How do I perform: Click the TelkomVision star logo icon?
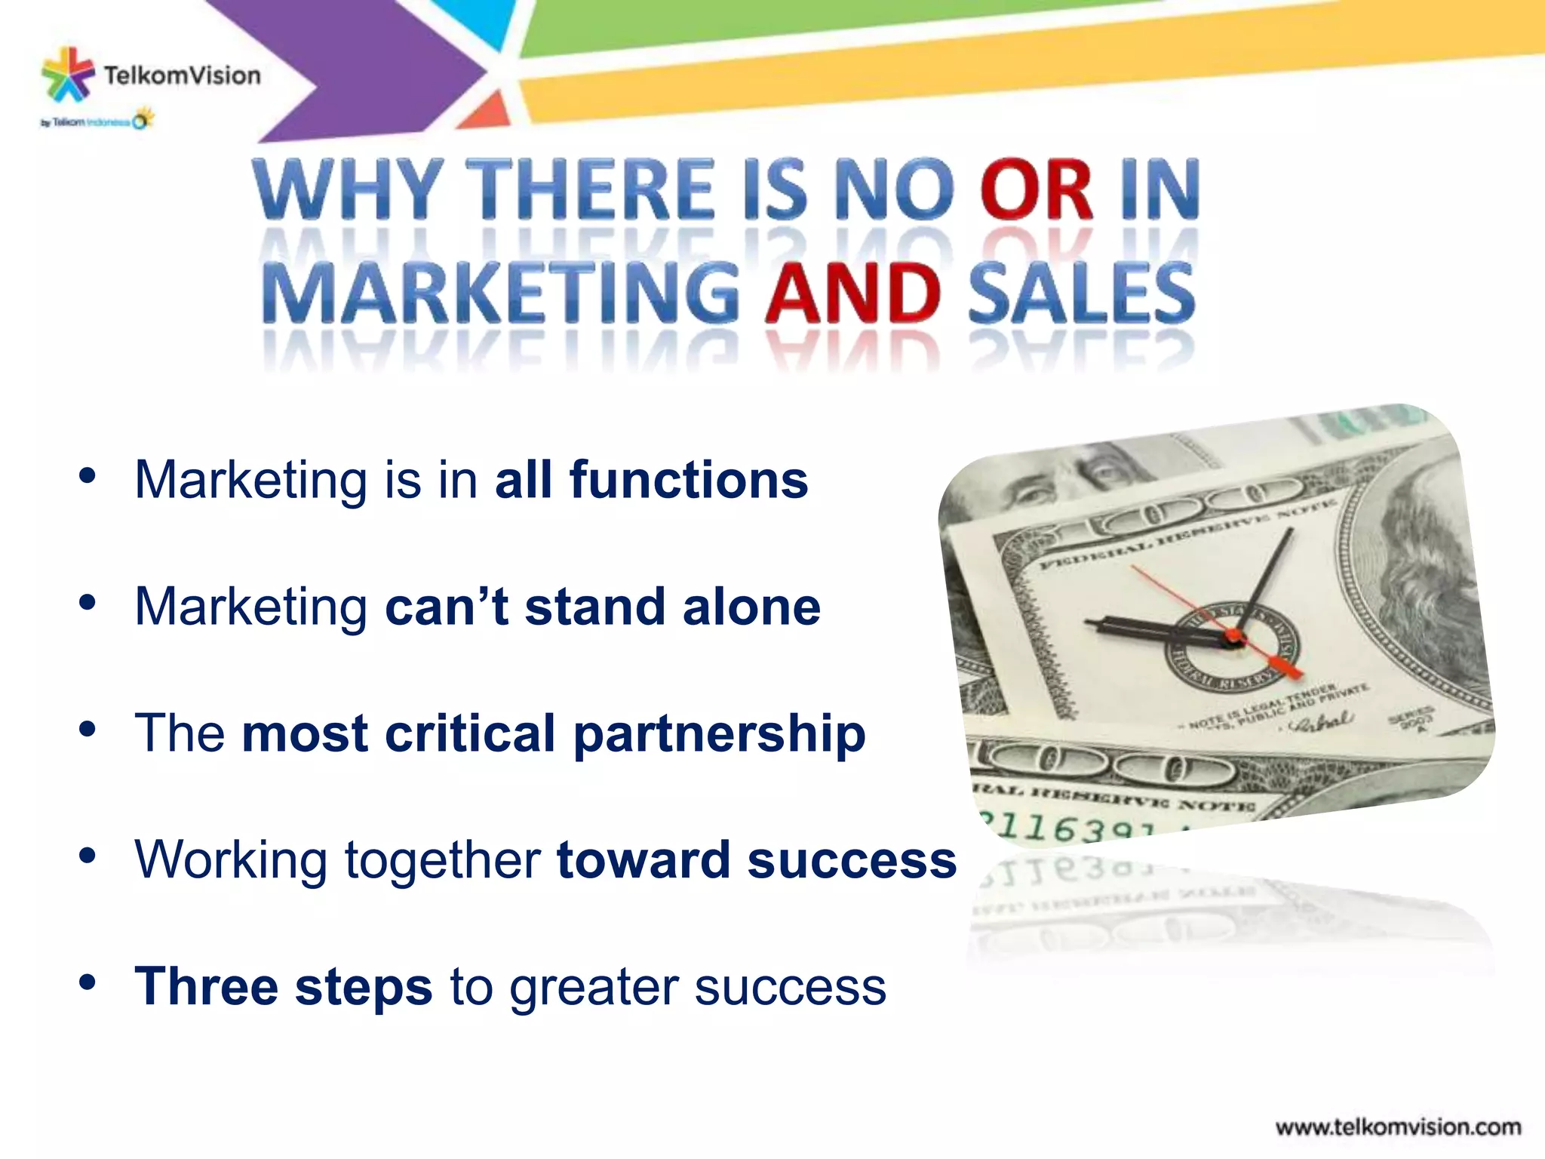[x=68, y=74]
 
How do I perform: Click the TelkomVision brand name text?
[x=182, y=75]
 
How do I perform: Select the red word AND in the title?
[x=852, y=294]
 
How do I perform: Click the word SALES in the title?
[x=1082, y=294]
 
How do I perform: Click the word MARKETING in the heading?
[x=502, y=294]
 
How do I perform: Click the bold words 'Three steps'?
[x=284, y=986]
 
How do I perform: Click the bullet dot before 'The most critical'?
[x=88, y=729]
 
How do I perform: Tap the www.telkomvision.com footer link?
[x=1398, y=1127]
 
